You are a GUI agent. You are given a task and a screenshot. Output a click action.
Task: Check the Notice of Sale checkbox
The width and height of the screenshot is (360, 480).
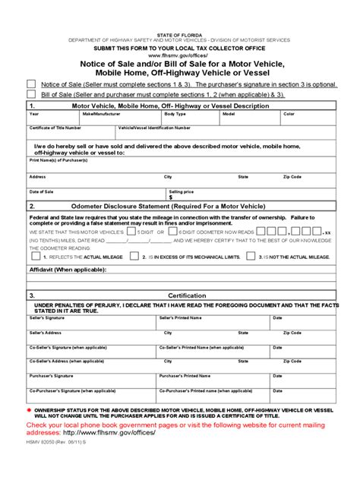[x=31, y=84]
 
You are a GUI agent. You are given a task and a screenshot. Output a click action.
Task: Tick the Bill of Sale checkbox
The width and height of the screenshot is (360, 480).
[x=31, y=95]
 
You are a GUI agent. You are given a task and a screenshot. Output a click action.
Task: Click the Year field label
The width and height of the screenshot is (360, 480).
[x=34, y=114]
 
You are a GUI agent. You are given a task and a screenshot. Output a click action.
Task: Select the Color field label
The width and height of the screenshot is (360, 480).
[x=289, y=114]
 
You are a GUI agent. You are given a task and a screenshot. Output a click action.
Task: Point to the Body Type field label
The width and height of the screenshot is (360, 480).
[x=175, y=114]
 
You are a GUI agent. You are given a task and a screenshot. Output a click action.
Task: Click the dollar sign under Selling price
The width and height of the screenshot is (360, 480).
[x=172, y=197]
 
